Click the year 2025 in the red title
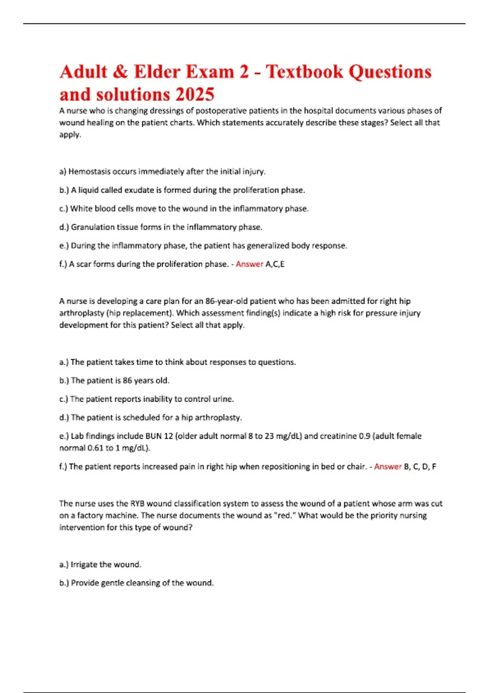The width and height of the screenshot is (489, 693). pyautogui.click(x=195, y=95)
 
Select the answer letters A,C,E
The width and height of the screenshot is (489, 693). pyautogui.click(x=275, y=264)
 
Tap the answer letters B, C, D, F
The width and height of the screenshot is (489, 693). pyautogui.click(x=420, y=466)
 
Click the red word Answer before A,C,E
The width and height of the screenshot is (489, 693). pyautogui.click(x=249, y=264)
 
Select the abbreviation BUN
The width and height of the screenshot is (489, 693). pyautogui.click(x=153, y=436)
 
